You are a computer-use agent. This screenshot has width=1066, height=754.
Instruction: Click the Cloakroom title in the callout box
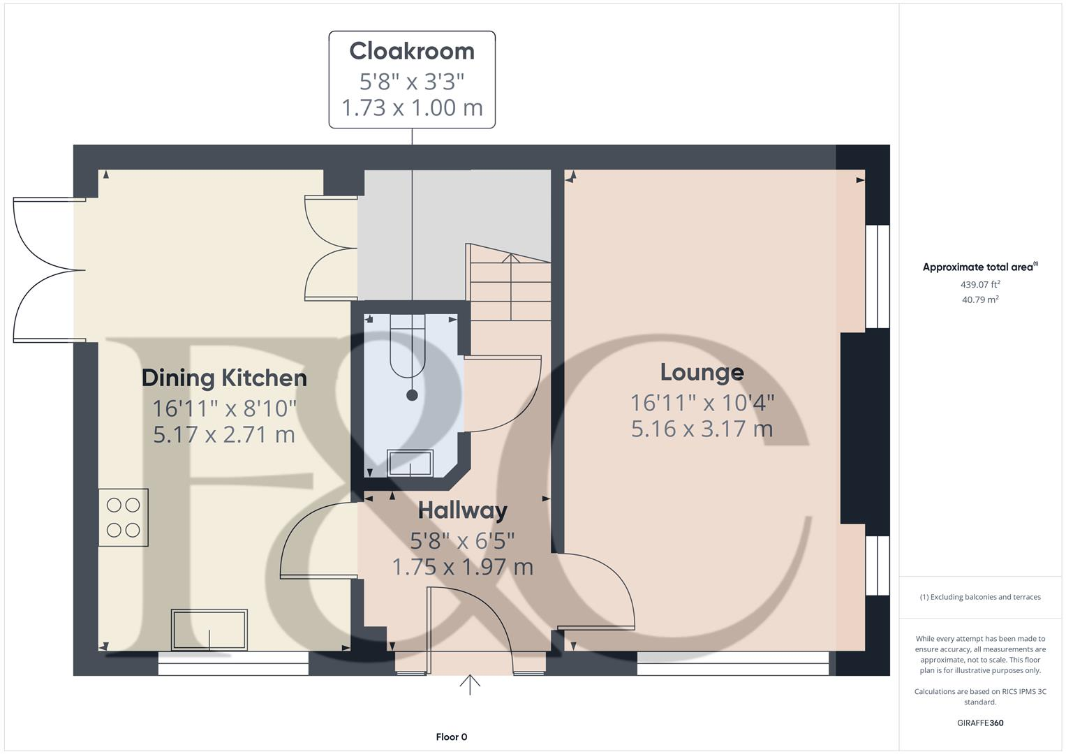[412, 52]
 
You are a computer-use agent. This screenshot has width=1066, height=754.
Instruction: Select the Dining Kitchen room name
[224, 378]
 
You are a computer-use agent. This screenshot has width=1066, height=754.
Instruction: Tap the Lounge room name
[702, 372]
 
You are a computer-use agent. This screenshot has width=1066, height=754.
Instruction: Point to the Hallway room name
[462, 510]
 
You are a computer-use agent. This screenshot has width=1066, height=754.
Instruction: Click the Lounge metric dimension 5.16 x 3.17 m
[702, 429]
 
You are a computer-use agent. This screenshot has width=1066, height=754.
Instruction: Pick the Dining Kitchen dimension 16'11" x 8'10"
[224, 408]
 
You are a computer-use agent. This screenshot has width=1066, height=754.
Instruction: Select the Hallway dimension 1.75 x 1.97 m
[462, 567]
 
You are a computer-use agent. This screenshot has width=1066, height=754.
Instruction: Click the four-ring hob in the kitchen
[124, 517]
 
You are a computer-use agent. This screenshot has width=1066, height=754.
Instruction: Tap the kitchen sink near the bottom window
[209, 630]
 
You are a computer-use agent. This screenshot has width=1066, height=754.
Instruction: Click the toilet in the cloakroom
[408, 346]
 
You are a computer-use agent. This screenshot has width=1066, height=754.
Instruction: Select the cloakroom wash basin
[410, 463]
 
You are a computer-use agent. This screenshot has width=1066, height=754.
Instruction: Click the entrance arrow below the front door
[470, 685]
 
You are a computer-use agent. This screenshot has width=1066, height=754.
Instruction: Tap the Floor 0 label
[451, 737]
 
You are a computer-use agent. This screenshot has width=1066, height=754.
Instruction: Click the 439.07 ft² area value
[980, 284]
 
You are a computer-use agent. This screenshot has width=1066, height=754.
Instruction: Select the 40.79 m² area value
[980, 300]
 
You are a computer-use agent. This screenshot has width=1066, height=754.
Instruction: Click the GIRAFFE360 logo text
[980, 723]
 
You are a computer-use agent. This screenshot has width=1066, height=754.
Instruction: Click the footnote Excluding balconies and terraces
[980, 597]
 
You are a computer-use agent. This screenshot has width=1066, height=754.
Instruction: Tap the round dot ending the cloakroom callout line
[412, 395]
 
